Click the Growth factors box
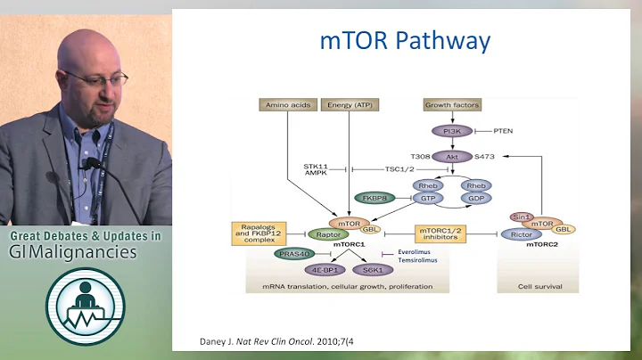click(x=452, y=105)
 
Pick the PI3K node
click(x=452, y=131)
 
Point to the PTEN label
click(x=505, y=131)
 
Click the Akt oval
click(x=452, y=157)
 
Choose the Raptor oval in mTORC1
click(x=328, y=234)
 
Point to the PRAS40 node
click(x=293, y=253)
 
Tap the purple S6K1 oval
click(x=372, y=268)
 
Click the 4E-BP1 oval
click(x=324, y=268)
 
